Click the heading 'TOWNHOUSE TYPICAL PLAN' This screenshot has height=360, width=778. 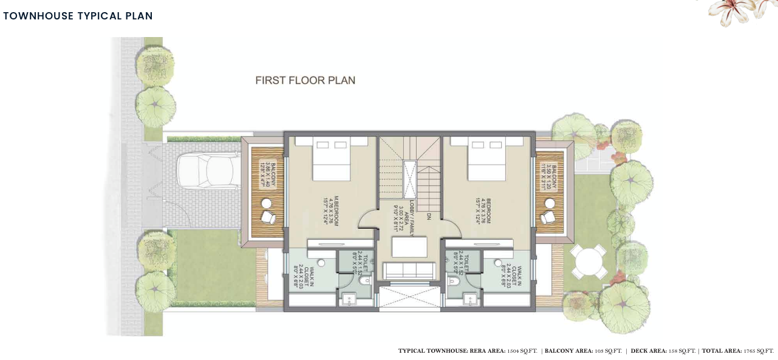click(78, 16)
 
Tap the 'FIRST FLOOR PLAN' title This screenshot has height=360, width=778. click(305, 80)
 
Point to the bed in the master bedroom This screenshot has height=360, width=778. click(332, 159)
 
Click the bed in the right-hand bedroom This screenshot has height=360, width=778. click(487, 159)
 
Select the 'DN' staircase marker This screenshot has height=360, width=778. click(429, 216)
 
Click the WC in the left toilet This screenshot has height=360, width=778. click(364, 281)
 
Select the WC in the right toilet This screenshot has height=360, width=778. click(453, 281)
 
